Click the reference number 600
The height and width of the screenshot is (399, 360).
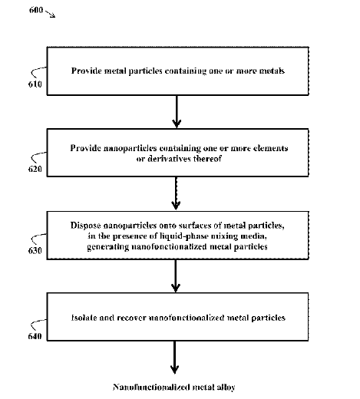tap(36, 10)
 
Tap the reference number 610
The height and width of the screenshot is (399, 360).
tap(35, 84)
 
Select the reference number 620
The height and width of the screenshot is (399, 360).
tap(35, 169)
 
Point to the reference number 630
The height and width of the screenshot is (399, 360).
tap(35, 250)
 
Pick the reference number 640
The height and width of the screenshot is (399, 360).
tap(35, 336)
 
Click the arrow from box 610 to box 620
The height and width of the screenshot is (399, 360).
tap(177, 111)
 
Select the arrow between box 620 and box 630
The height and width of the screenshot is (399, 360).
tap(176, 193)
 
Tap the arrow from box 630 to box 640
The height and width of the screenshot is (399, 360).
tap(176, 275)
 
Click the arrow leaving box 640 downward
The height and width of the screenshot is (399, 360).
tap(174, 358)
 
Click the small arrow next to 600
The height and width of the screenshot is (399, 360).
tap(51, 14)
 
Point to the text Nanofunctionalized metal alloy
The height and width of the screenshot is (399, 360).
tap(174, 387)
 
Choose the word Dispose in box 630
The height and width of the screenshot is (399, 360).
tap(85, 226)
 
